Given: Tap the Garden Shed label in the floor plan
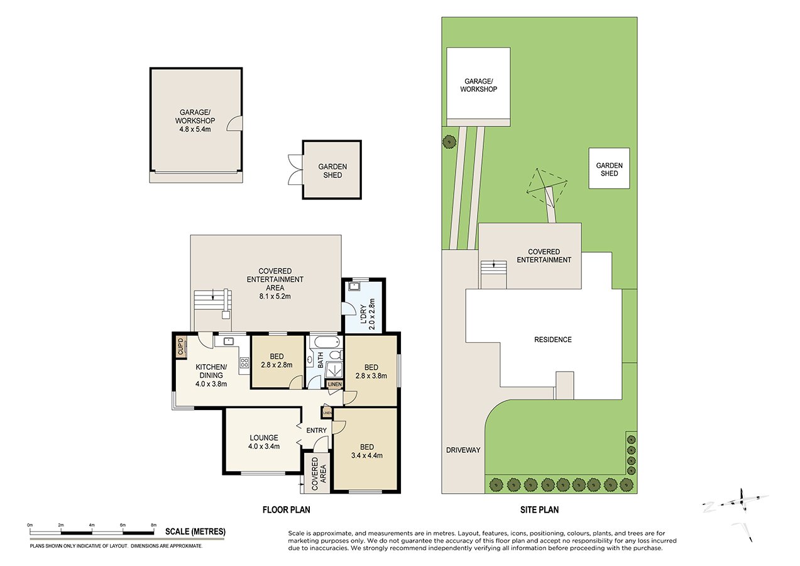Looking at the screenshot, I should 332,170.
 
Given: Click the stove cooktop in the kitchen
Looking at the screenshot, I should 244,363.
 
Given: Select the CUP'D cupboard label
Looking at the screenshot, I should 180,347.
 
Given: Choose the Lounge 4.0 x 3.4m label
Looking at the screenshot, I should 263,442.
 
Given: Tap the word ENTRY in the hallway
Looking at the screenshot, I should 316,431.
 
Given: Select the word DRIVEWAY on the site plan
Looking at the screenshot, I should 464,450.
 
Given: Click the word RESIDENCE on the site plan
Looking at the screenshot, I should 553,340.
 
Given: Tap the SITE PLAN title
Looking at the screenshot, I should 535,510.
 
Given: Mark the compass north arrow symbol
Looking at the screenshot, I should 743,501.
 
